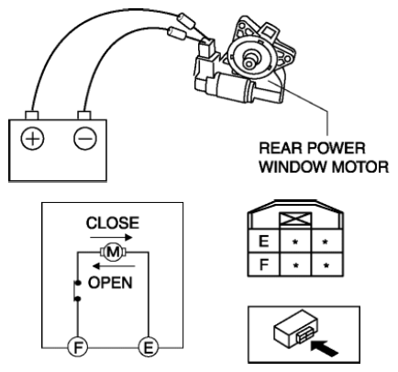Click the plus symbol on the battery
click(x=32, y=139)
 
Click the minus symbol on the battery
click(x=85, y=139)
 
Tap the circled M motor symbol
click(x=114, y=253)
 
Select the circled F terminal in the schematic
click(x=78, y=347)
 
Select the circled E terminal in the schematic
click(x=149, y=347)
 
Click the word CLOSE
click(x=113, y=223)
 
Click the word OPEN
click(x=110, y=283)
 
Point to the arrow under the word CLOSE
click(x=111, y=237)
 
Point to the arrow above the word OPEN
click(x=114, y=266)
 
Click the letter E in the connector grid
click(x=263, y=242)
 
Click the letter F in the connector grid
click(x=263, y=265)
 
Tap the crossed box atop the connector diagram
click(x=295, y=220)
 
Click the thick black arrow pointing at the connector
click(x=325, y=348)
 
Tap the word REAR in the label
click(x=280, y=148)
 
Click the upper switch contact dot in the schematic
click(x=78, y=282)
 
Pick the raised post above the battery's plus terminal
click(x=32, y=115)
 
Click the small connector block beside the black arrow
click(x=296, y=333)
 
